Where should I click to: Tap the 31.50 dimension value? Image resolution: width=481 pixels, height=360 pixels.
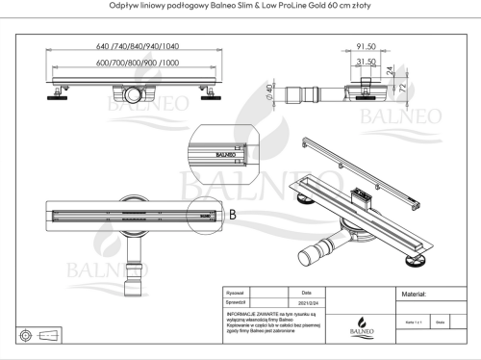tap(365, 61)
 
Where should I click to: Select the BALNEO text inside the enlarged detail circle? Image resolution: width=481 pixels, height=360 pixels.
tap(223, 152)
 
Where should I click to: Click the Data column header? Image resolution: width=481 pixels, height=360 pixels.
tap(307, 291)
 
